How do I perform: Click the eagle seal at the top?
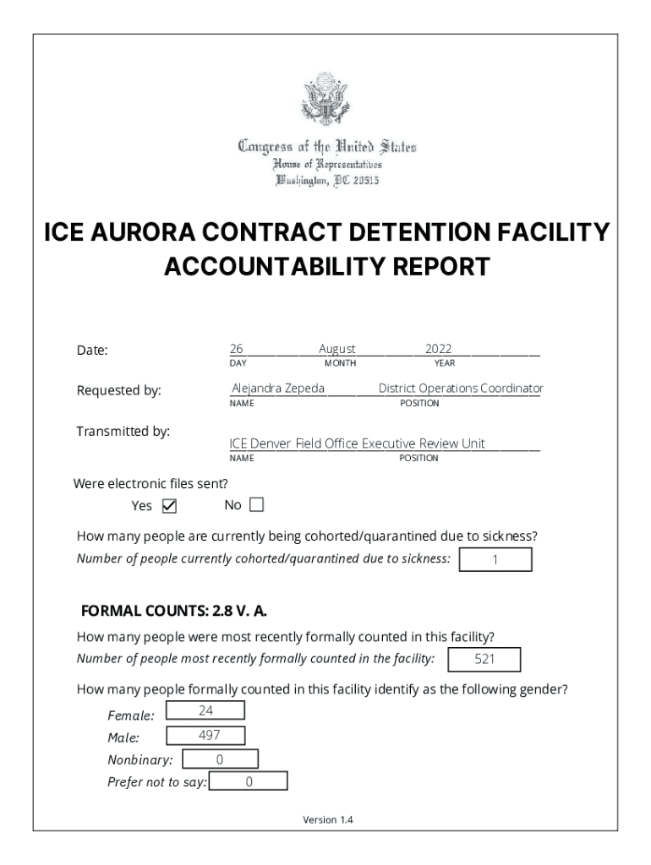(x=325, y=100)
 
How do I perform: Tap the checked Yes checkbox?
(x=169, y=507)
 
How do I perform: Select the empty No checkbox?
(x=256, y=505)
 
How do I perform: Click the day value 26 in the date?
(x=237, y=349)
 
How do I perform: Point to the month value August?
(x=337, y=349)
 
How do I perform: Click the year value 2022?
(x=439, y=349)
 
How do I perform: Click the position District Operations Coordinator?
(x=461, y=389)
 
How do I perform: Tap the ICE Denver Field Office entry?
(x=358, y=443)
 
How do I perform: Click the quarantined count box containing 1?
(x=495, y=560)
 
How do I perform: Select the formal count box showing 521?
(x=484, y=660)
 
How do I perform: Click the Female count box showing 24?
(x=205, y=710)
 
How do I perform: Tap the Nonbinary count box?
(x=220, y=759)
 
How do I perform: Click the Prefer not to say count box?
(x=249, y=782)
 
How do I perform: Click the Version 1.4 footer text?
(x=328, y=819)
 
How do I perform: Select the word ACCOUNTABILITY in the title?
(x=274, y=267)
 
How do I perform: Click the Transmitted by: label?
(x=123, y=432)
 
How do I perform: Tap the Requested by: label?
(x=119, y=390)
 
